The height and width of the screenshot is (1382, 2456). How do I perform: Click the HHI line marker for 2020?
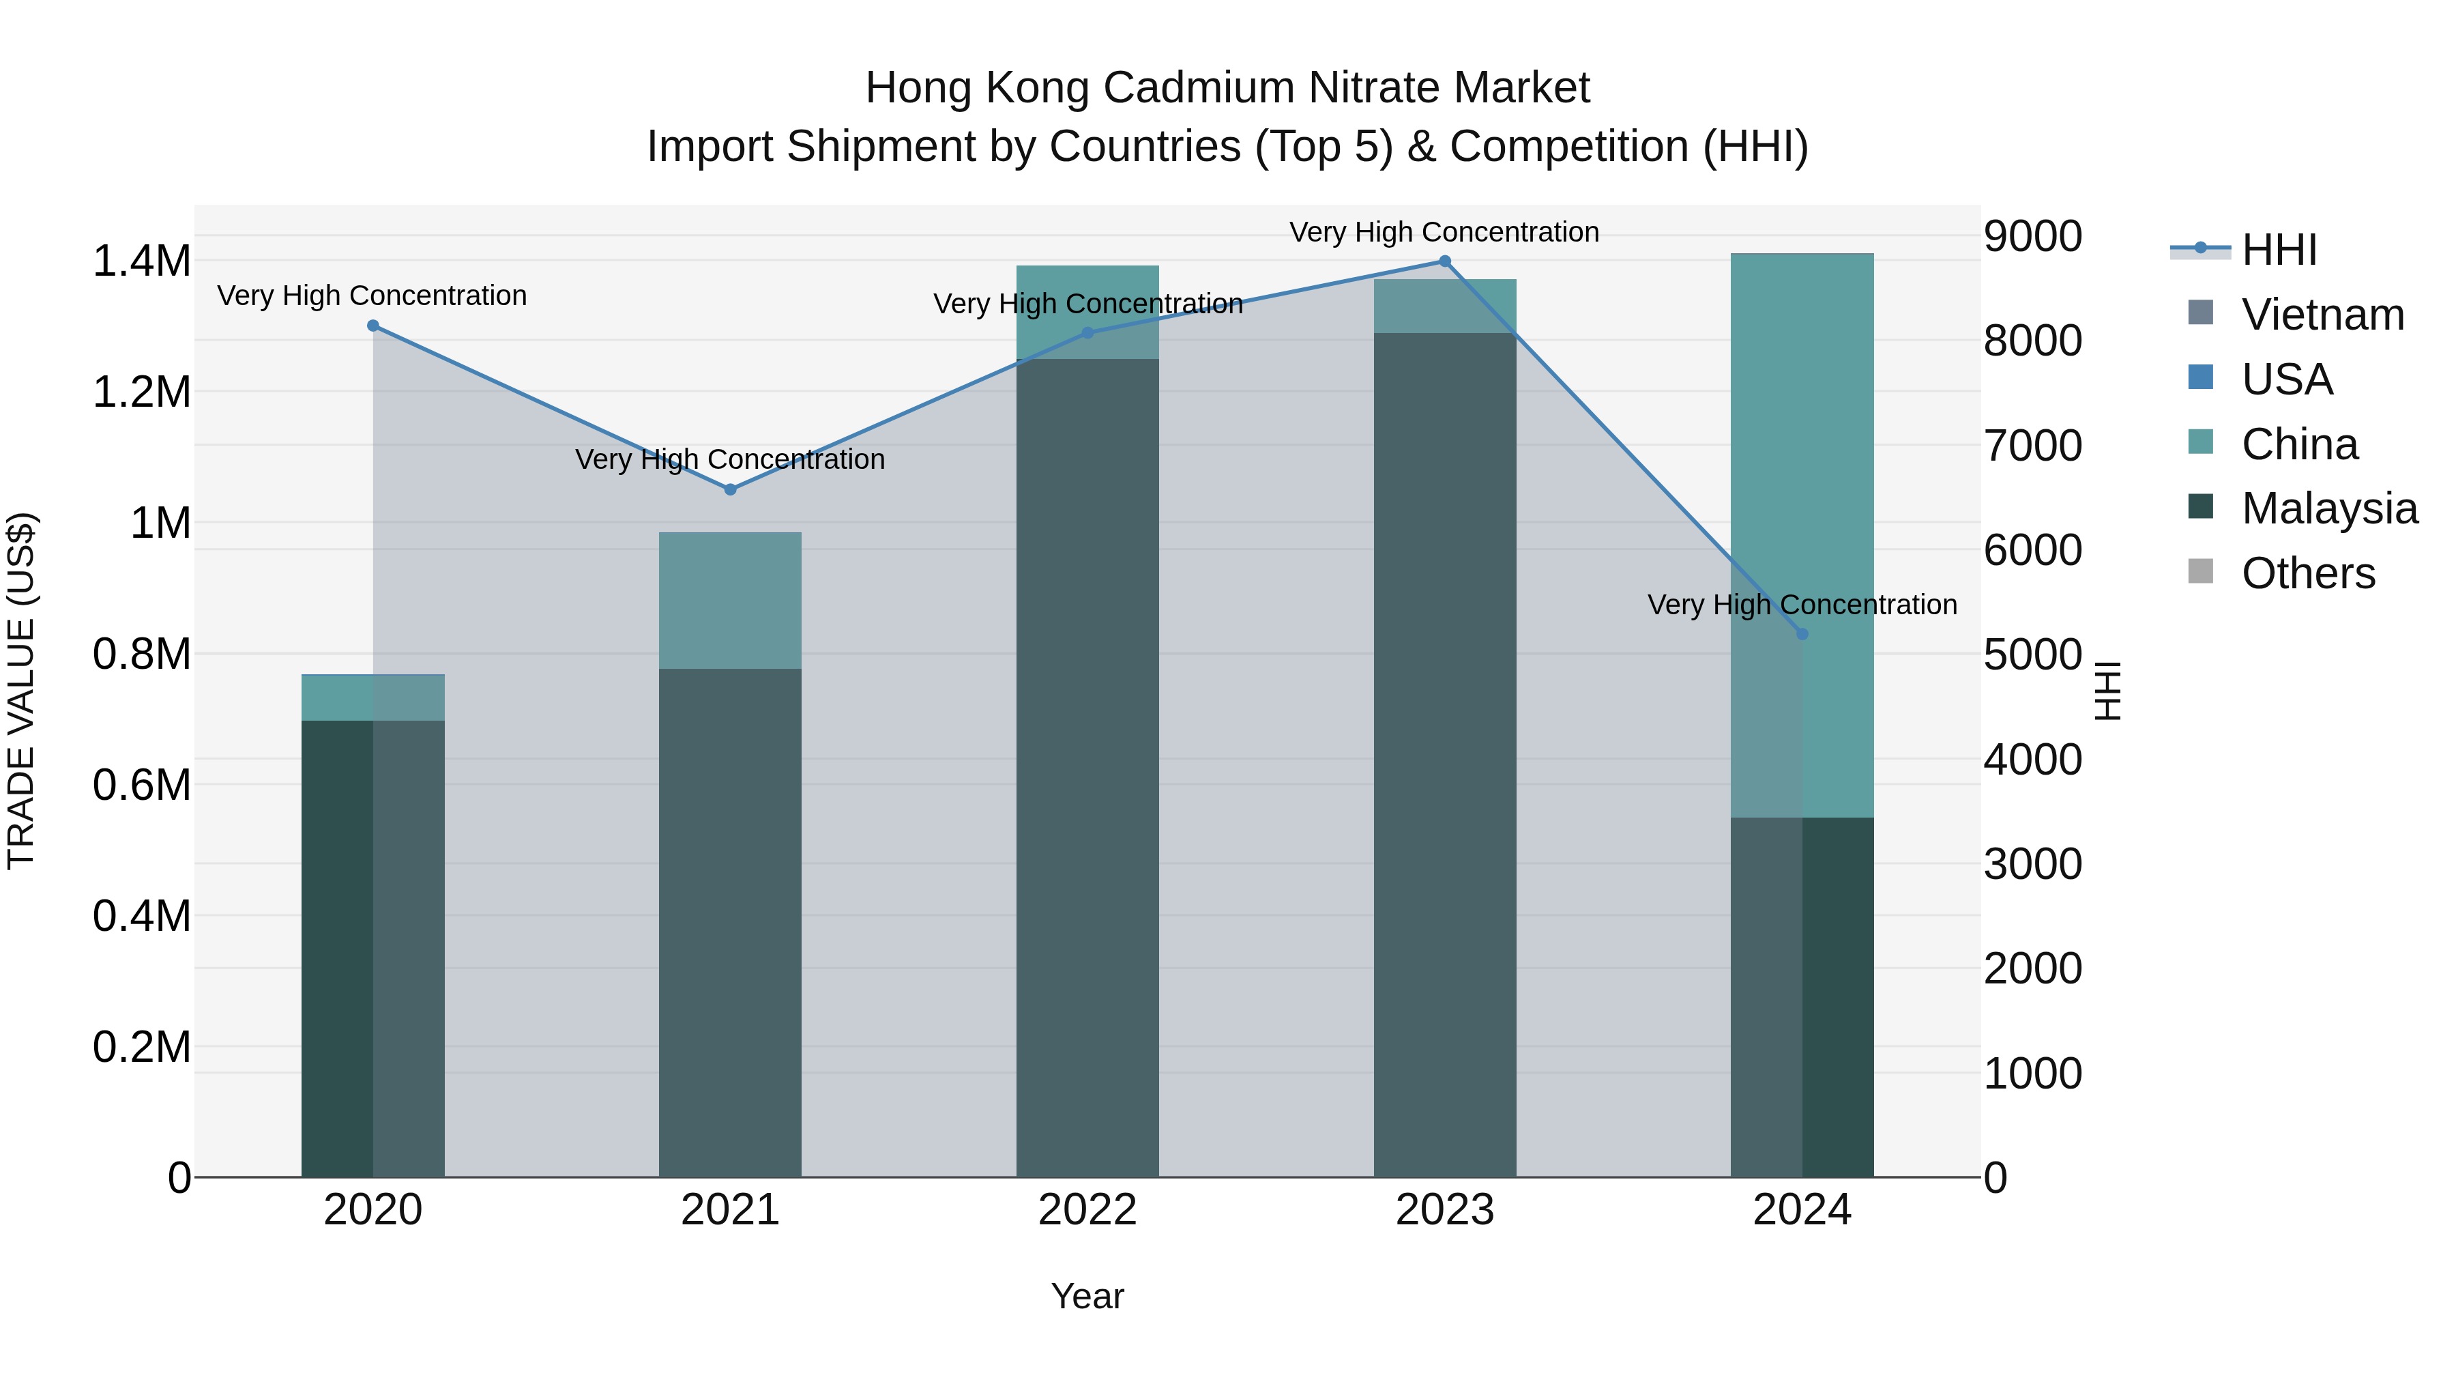pos(372,326)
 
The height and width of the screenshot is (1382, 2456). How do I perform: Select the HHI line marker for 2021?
pos(730,489)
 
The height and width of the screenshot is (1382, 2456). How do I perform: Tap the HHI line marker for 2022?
pos(1088,333)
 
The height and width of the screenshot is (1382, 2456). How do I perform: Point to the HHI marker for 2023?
pos(1444,261)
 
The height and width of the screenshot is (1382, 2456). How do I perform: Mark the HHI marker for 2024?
pos(1802,634)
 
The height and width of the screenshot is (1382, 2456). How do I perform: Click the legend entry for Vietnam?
pos(2322,315)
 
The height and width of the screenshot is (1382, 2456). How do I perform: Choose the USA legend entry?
pos(2286,379)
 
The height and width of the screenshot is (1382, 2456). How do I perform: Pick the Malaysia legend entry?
pos(2329,508)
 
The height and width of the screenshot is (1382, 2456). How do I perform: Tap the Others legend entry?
pos(2307,573)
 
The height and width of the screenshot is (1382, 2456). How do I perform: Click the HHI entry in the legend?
pos(2279,250)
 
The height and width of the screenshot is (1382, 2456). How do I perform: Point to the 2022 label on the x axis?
pos(1088,1210)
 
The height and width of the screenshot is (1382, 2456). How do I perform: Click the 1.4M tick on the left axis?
pos(141,261)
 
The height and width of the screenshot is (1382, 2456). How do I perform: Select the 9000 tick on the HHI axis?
pos(2033,237)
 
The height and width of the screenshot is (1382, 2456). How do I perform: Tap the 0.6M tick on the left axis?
pos(141,785)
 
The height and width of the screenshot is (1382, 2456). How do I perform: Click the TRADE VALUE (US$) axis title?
pos(21,691)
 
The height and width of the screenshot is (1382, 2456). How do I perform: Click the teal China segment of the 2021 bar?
pos(730,601)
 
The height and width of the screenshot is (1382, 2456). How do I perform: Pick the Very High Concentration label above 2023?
pos(1444,232)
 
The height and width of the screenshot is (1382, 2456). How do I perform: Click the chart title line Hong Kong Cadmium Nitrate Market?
pos(1227,88)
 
